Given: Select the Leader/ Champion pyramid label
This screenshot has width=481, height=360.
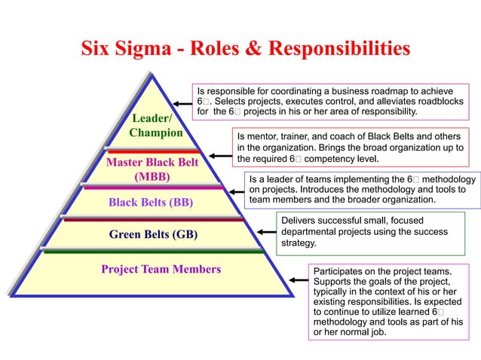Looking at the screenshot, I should pos(155,125).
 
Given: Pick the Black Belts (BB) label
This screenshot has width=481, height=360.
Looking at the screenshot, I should pos(151,202).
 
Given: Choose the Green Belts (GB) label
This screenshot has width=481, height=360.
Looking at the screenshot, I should pos(153,234).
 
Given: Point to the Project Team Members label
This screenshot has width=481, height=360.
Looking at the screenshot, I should pos(161,269).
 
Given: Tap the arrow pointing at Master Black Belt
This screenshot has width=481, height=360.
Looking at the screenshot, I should pos(219,157).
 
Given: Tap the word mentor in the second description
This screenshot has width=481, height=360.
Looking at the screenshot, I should pos(260,136).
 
